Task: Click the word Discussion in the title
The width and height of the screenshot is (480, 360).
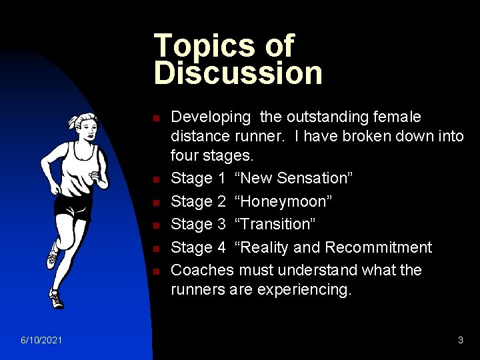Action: (x=238, y=73)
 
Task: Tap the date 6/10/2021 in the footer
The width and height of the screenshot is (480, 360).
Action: (x=41, y=340)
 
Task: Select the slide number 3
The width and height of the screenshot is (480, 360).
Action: (x=461, y=340)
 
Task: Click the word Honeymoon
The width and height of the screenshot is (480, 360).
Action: (x=283, y=201)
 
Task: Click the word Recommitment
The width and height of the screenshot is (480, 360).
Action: (x=378, y=247)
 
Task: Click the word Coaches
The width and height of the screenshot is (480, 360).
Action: (x=203, y=270)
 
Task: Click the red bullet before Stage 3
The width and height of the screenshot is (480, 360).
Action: (x=155, y=225)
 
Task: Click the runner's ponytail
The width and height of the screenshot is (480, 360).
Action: (x=71, y=122)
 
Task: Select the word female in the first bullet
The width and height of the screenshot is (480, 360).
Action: (x=397, y=117)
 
